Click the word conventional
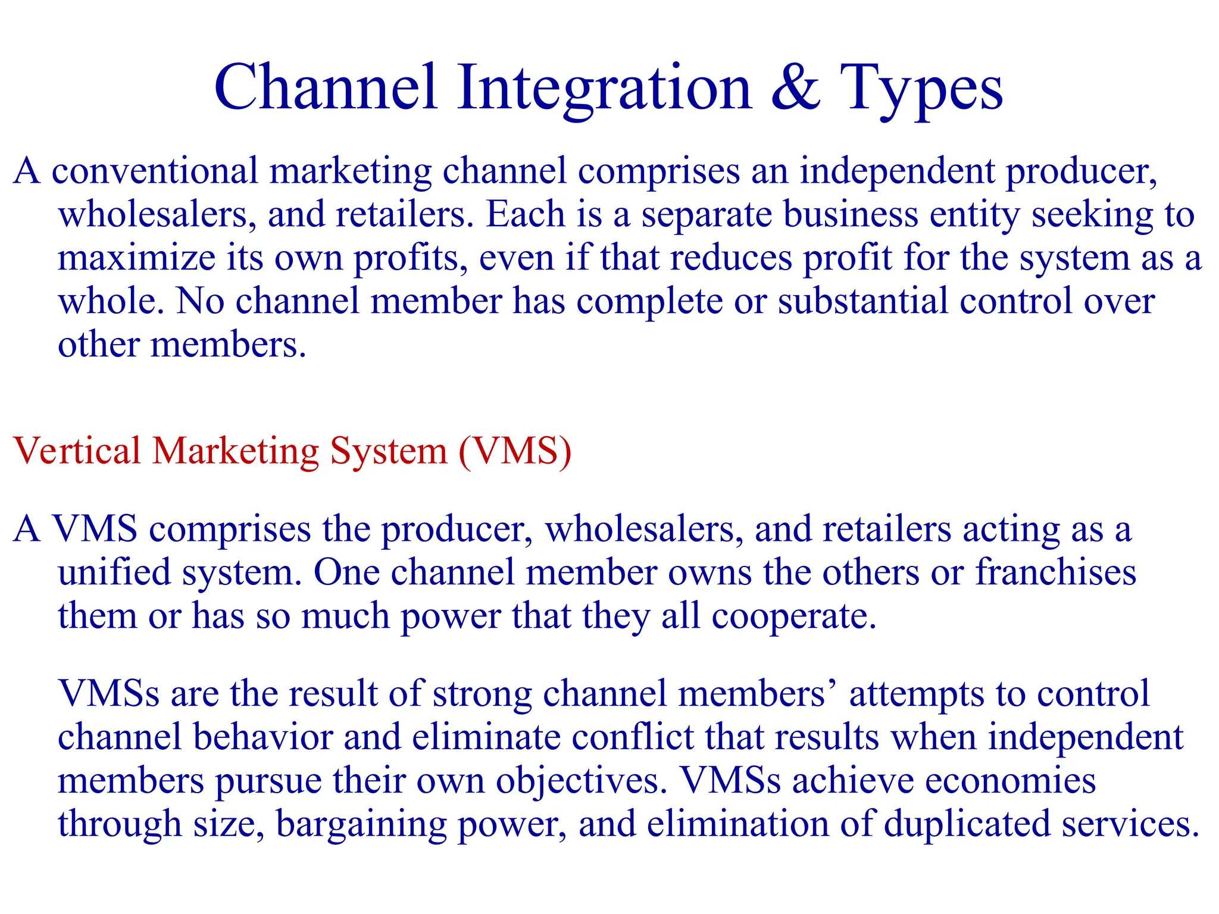(x=155, y=171)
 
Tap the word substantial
(x=862, y=301)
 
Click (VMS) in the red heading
(x=515, y=452)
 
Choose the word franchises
(x=1055, y=572)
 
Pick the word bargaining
(x=361, y=825)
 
